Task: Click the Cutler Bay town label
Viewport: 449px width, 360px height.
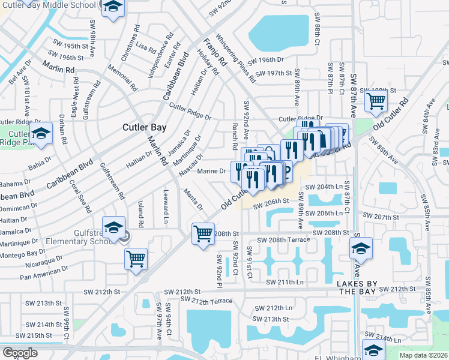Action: point(148,127)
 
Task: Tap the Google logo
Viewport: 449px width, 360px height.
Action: point(20,353)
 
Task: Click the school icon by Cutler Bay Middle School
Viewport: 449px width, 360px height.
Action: point(112,8)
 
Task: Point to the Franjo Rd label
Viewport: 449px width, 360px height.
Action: point(215,52)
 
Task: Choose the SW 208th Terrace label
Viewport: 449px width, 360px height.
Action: point(283,240)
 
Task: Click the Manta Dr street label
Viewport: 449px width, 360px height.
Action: point(194,199)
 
